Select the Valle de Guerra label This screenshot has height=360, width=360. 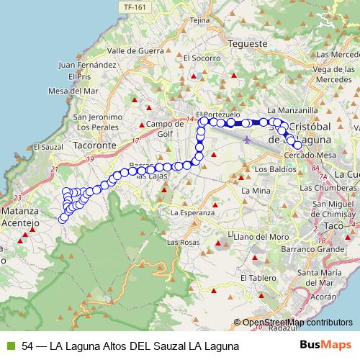[x=132, y=51]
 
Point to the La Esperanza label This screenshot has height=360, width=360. [x=192, y=212]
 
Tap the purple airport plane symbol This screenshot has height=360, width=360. [x=247, y=139]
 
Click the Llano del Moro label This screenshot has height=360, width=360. [x=261, y=236]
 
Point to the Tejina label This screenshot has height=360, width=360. [x=198, y=20]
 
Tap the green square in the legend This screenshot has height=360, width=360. [x=10, y=346]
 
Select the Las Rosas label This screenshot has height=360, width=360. [x=183, y=242]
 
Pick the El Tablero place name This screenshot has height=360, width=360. [x=258, y=277]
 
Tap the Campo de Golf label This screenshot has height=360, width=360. [x=161, y=127]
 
